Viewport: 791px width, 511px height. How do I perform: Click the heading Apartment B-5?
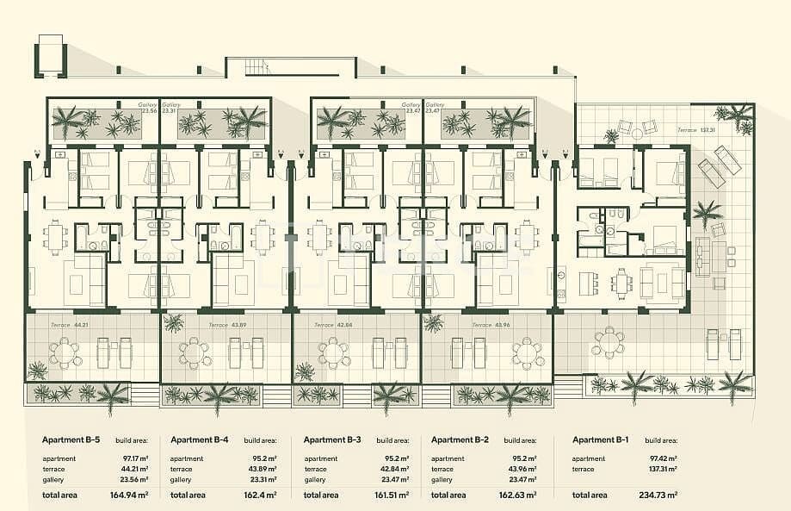pyautogui.click(x=71, y=440)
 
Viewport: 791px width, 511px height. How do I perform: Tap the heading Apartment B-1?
pyautogui.click(x=601, y=440)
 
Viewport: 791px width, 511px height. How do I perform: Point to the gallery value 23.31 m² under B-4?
pyautogui.click(x=264, y=479)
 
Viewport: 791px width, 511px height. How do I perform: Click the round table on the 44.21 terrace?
pyautogui.click(x=64, y=352)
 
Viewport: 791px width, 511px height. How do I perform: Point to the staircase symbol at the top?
pyautogui.click(x=256, y=66)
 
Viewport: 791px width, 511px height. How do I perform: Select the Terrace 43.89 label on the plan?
pyautogui.click(x=227, y=325)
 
